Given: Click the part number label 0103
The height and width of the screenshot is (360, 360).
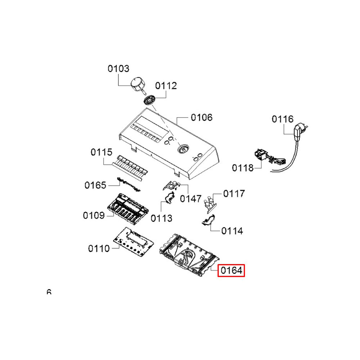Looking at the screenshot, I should click(118, 68).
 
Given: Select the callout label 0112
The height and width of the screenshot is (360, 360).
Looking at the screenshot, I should click(166, 86).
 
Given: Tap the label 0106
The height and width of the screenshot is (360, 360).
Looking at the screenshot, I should click(202, 117).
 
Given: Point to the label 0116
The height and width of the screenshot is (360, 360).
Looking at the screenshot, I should click(283, 119).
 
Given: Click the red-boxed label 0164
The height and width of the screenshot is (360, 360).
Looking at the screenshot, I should click(231, 270).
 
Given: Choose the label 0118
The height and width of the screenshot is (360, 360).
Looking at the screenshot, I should click(243, 167).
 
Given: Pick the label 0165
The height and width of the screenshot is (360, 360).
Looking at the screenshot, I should click(95, 185).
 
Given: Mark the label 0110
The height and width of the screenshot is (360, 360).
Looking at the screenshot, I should click(99, 248).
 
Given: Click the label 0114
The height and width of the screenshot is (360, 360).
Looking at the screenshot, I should click(232, 230).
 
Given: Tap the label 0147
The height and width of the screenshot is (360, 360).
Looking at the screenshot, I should click(190, 198).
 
